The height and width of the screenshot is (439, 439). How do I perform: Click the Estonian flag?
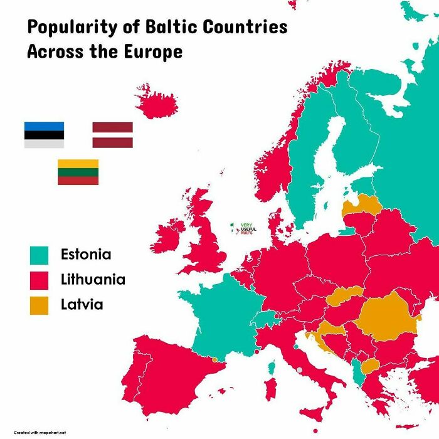click(44, 135)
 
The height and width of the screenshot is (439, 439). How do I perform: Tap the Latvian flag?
click(112, 135)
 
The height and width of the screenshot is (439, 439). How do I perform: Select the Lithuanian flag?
click(78, 172)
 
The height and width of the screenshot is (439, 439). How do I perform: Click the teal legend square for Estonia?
click(39, 255)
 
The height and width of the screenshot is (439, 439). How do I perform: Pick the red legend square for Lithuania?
click(39, 280)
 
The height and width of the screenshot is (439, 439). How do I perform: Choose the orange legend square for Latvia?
click(39, 305)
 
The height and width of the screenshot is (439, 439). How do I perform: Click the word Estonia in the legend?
click(86, 255)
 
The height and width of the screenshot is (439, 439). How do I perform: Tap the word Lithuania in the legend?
click(93, 280)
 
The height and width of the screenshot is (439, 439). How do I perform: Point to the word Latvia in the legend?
click(82, 305)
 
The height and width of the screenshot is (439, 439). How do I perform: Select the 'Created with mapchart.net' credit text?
click(40, 432)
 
